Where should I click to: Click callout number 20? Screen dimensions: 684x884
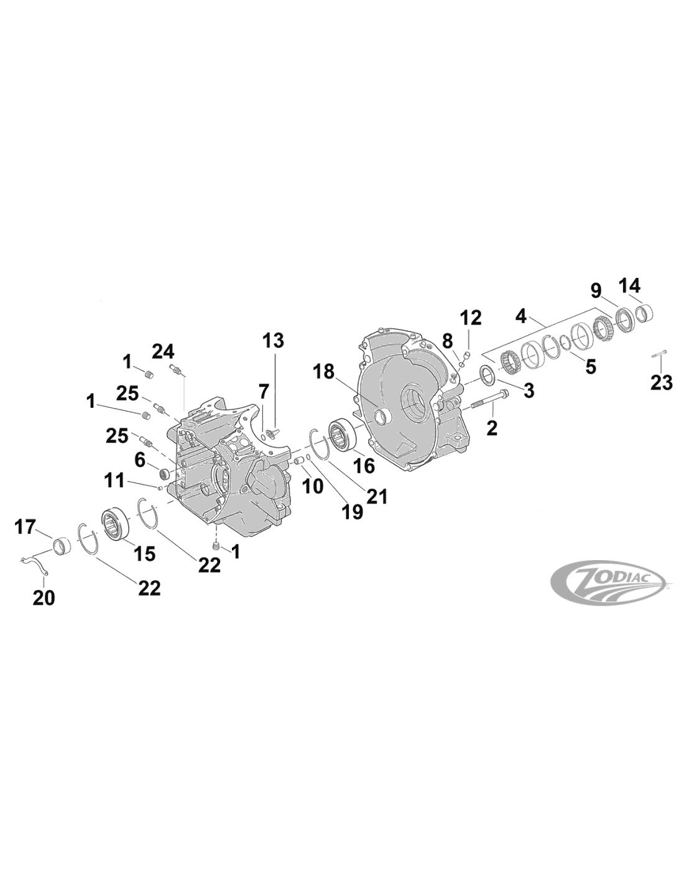click(44, 597)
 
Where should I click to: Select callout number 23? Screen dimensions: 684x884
click(661, 382)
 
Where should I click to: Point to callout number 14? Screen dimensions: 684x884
click(629, 285)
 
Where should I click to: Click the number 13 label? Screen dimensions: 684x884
click(273, 341)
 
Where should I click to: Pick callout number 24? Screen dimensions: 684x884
click(163, 351)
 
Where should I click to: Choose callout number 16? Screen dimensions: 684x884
click(364, 466)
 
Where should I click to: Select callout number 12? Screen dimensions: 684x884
click(471, 318)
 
